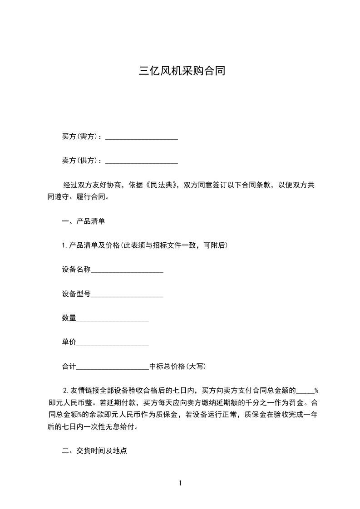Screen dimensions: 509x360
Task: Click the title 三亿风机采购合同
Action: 182,71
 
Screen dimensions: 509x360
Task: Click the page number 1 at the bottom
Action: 180,483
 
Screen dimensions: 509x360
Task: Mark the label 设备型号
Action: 76,294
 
